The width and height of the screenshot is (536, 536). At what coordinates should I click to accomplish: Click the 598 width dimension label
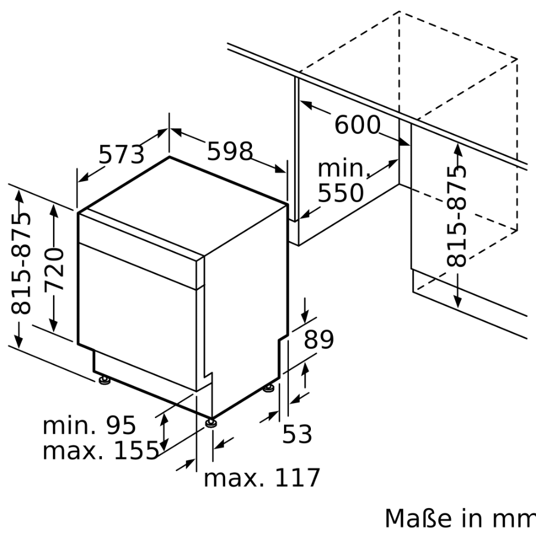point(230,152)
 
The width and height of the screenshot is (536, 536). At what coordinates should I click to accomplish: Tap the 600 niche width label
point(357,125)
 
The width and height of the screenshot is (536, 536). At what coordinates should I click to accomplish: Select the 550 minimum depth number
point(340,194)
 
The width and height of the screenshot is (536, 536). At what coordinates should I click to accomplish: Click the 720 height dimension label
point(55,270)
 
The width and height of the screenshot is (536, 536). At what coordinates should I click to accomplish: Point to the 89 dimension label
point(319,339)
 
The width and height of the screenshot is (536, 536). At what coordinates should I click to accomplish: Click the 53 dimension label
point(297,434)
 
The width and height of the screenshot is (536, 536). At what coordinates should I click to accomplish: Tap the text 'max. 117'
point(261,477)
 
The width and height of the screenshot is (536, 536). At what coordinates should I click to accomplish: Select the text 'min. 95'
point(89,425)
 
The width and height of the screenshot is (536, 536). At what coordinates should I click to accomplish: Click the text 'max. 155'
point(100,450)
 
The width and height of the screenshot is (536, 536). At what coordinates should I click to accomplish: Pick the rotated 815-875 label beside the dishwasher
point(22,263)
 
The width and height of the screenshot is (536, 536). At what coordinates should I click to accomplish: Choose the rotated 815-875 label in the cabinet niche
point(457,216)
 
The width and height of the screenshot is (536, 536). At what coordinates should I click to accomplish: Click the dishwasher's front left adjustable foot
point(105,379)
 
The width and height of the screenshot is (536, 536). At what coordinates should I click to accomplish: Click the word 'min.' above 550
point(343,169)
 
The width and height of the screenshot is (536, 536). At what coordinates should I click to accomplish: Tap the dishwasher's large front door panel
point(137,310)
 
